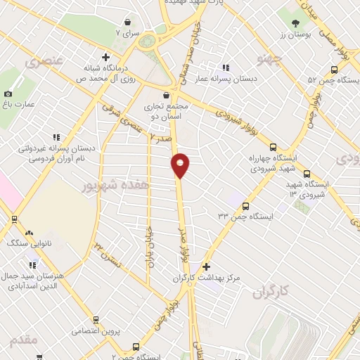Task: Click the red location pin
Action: [x=180, y=165]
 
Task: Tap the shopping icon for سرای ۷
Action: [x=128, y=21]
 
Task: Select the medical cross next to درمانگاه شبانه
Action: [x=105, y=57]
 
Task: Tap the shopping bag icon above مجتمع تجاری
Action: [x=165, y=95]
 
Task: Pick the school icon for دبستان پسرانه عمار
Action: [x=227, y=67]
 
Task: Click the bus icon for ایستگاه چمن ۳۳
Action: [x=245, y=206]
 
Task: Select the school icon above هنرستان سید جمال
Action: [x=32, y=264]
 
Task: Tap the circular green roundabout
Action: [x=147, y=41]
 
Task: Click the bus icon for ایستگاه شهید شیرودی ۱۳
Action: [x=307, y=174]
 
